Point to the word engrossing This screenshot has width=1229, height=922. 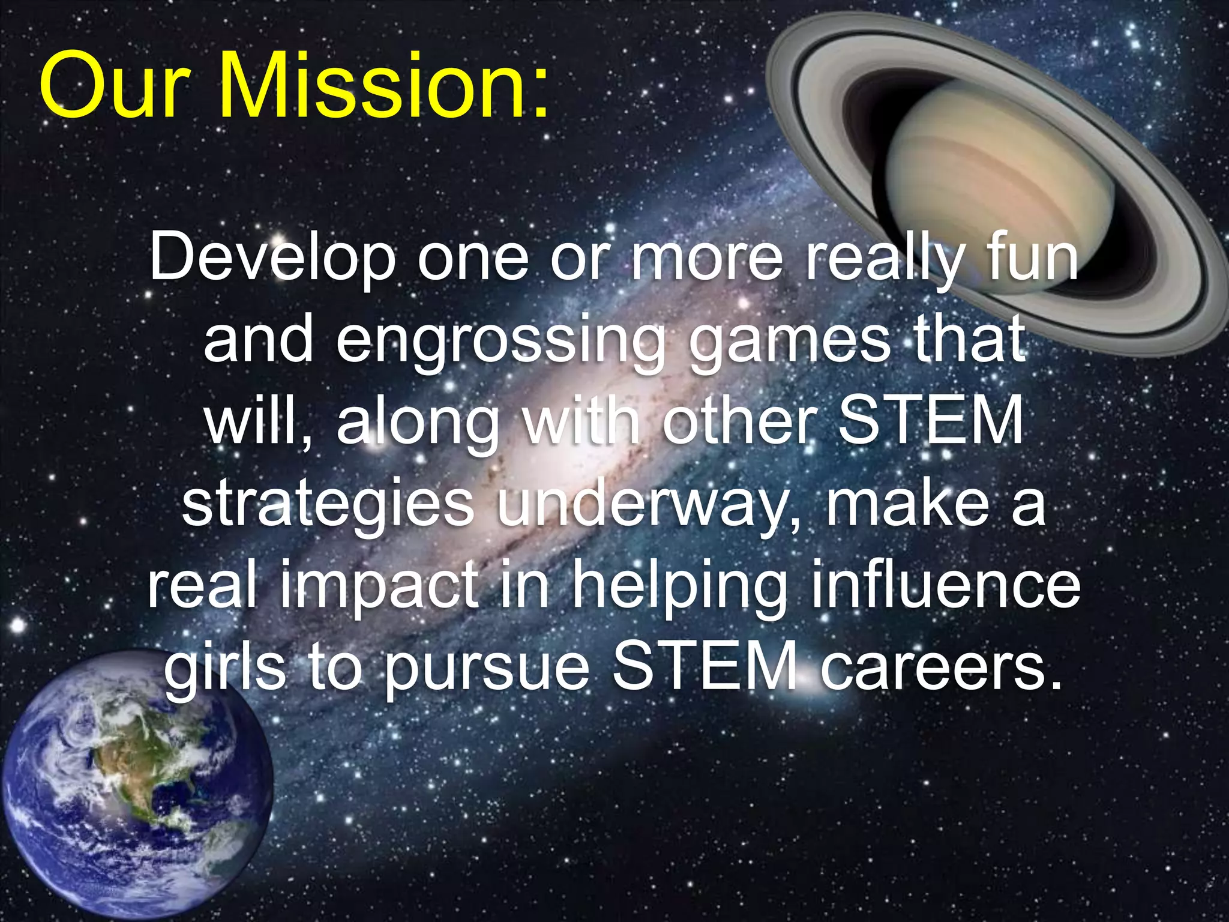click(501, 342)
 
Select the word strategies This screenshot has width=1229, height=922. click(328, 504)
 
